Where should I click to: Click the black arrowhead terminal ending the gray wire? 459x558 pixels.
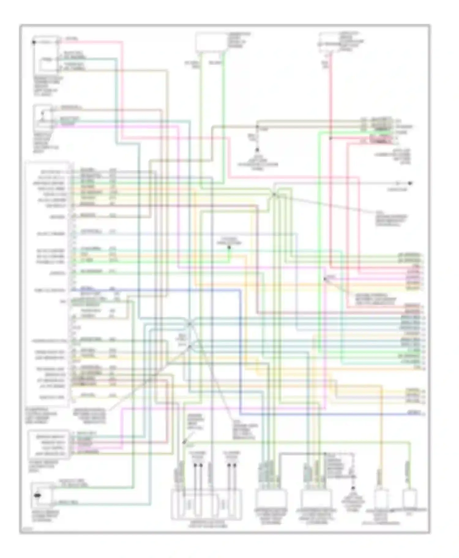tap(410, 183)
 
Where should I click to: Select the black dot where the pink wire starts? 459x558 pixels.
tap(34, 42)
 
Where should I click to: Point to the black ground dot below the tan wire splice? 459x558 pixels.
tap(257, 150)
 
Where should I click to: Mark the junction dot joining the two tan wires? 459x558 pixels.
tap(257, 126)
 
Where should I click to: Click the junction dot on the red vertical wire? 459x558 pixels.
tap(330, 138)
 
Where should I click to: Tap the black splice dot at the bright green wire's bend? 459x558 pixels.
tap(229, 247)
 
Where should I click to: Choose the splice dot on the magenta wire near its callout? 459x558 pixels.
tap(325, 279)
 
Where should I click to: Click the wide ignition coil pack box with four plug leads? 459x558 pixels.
tap(206, 504)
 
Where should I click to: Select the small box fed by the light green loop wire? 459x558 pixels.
tap(409, 499)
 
